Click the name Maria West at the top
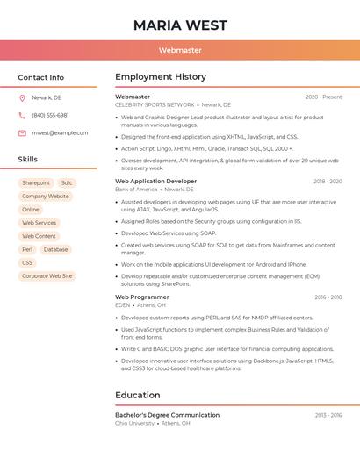[x=180, y=25]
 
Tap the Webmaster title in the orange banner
[x=180, y=51]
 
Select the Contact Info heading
[x=41, y=77]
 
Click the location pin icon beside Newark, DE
[x=22, y=97]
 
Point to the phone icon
[x=22, y=115]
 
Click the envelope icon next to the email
[x=22, y=132]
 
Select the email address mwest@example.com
[x=60, y=132]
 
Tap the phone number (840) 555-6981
[x=50, y=115]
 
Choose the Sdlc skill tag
[x=67, y=182]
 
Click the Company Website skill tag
[x=46, y=196]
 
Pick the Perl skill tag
[x=27, y=249]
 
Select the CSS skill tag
[x=27, y=262]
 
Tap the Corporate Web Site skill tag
[x=47, y=275]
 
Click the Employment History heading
[x=161, y=77]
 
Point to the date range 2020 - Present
[x=323, y=97]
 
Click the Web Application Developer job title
[x=156, y=181]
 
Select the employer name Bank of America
[x=136, y=189]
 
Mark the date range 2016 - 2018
[x=328, y=297]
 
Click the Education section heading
[x=138, y=395]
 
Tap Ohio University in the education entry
[x=134, y=423]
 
